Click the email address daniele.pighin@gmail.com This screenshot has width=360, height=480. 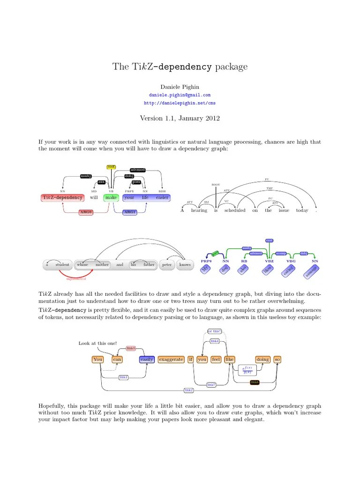[180, 95]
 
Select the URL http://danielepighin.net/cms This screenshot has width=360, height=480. [180, 103]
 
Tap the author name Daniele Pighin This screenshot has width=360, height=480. [180, 87]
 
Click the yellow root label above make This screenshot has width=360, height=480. [111, 167]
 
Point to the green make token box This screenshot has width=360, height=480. [111, 197]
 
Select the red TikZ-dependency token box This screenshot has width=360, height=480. [62, 197]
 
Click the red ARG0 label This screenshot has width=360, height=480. [86, 212]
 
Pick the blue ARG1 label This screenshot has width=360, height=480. [129, 212]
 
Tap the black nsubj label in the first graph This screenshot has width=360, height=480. [86, 176]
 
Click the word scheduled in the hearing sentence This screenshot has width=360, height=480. [234, 210]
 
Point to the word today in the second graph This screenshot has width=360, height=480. [302, 210]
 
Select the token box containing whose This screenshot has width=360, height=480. [82, 264]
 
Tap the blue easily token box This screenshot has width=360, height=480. [147, 360]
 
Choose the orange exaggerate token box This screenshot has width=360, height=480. [171, 360]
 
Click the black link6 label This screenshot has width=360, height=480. [255, 382]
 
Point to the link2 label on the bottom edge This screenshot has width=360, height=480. [188, 390]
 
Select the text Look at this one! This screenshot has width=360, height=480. [97, 344]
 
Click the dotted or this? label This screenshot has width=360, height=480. [214, 331]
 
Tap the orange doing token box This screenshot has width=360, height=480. [262, 360]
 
